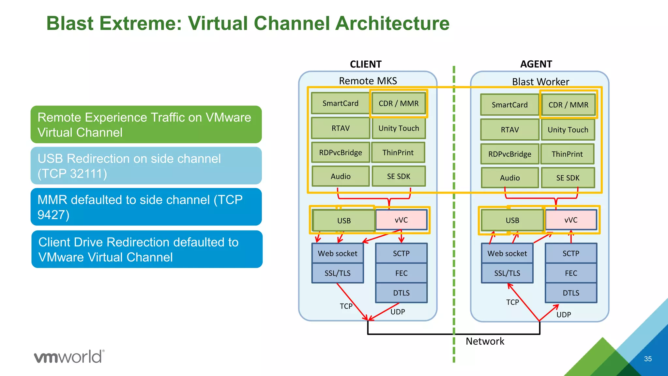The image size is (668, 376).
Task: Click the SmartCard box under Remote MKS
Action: pyautogui.click(x=340, y=103)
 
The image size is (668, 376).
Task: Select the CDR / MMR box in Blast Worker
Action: pyautogui.click(x=568, y=105)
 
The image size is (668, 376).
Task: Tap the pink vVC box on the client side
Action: pyautogui.click(x=401, y=220)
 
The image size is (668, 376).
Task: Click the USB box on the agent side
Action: pyautogui.click(x=512, y=220)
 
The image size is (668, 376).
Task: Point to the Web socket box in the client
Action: pyautogui.click(x=338, y=253)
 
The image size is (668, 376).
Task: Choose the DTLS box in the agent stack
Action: pyautogui.click(x=571, y=293)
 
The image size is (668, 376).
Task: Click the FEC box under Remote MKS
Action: pyautogui.click(x=401, y=273)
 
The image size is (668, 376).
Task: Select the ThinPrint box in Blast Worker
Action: pyautogui.click(x=567, y=154)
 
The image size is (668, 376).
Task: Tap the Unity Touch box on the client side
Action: pyautogui.click(x=399, y=128)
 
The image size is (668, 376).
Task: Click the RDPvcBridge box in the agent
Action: pyautogui.click(x=509, y=154)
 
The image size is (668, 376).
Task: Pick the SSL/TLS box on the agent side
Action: pyautogui.click(x=507, y=273)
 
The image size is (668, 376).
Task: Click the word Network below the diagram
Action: pyautogui.click(x=485, y=341)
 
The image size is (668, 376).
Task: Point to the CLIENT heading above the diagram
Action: pyautogui.click(x=366, y=64)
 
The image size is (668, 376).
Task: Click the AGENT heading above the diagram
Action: pyautogui.click(x=536, y=64)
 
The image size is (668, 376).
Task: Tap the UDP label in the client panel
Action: pyautogui.click(x=398, y=312)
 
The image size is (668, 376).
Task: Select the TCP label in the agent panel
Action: pyautogui.click(x=512, y=302)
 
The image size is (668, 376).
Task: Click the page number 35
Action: pyautogui.click(x=648, y=359)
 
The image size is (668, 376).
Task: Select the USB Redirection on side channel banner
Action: pyautogui.click(x=146, y=166)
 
